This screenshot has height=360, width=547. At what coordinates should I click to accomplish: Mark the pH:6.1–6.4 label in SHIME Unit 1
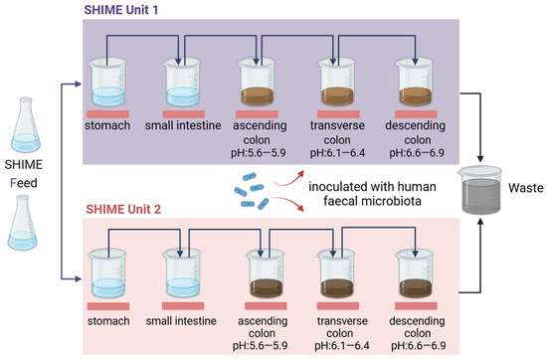338,157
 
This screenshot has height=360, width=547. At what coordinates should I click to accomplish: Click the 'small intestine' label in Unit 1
183,127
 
